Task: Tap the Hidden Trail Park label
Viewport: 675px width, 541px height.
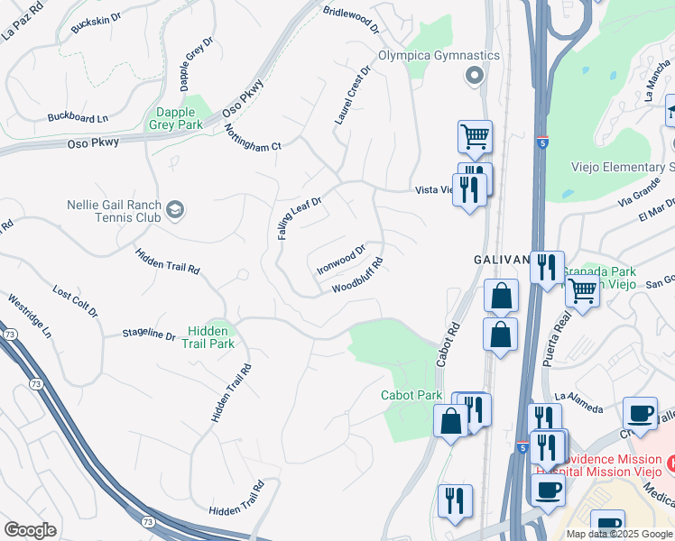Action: pyautogui.click(x=208, y=337)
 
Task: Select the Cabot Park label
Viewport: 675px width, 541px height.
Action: pyautogui.click(x=411, y=395)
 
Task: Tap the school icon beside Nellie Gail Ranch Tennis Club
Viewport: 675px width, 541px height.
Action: pyautogui.click(x=175, y=210)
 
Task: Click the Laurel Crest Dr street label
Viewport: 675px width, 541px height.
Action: pyautogui.click(x=353, y=95)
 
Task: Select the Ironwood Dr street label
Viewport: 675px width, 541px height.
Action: pyautogui.click(x=341, y=260)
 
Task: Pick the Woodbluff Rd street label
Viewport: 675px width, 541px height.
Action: pyautogui.click(x=357, y=276)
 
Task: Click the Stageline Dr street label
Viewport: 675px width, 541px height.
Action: pyautogui.click(x=150, y=335)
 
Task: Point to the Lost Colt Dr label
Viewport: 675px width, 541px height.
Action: pyautogui.click(x=75, y=301)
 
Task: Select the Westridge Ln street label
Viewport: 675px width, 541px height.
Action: pyautogui.click(x=30, y=316)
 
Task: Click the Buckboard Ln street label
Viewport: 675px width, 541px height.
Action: pyautogui.click(x=78, y=117)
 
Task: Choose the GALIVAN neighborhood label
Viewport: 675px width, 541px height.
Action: pyautogui.click(x=502, y=259)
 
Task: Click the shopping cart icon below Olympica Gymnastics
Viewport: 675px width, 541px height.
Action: pyautogui.click(x=475, y=137)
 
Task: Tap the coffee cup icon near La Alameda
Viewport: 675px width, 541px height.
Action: pyautogui.click(x=640, y=413)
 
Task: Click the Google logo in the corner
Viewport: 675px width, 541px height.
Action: pyautogui.click(x=30, y=530)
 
